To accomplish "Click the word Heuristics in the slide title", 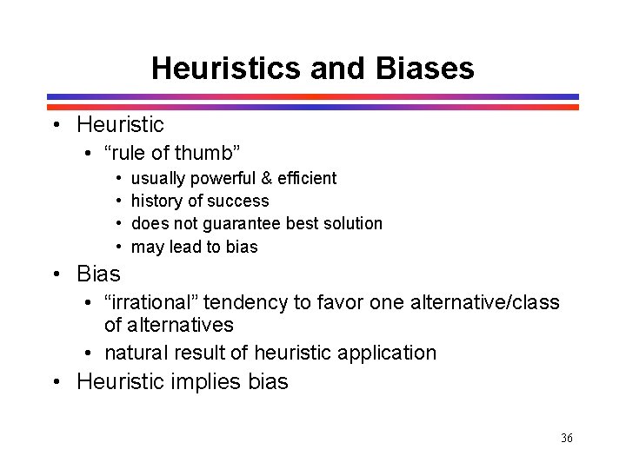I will pos(227,68).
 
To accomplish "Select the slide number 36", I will pos(567,438).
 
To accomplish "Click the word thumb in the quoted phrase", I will pos(207,154).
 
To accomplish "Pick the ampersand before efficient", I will pos(266,178).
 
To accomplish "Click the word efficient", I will pos(306,178).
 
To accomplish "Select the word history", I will pos(156,201).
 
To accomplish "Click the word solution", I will pos(350,223).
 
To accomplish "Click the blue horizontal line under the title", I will pos(313,96).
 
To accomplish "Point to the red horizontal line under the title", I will pos(313,107).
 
